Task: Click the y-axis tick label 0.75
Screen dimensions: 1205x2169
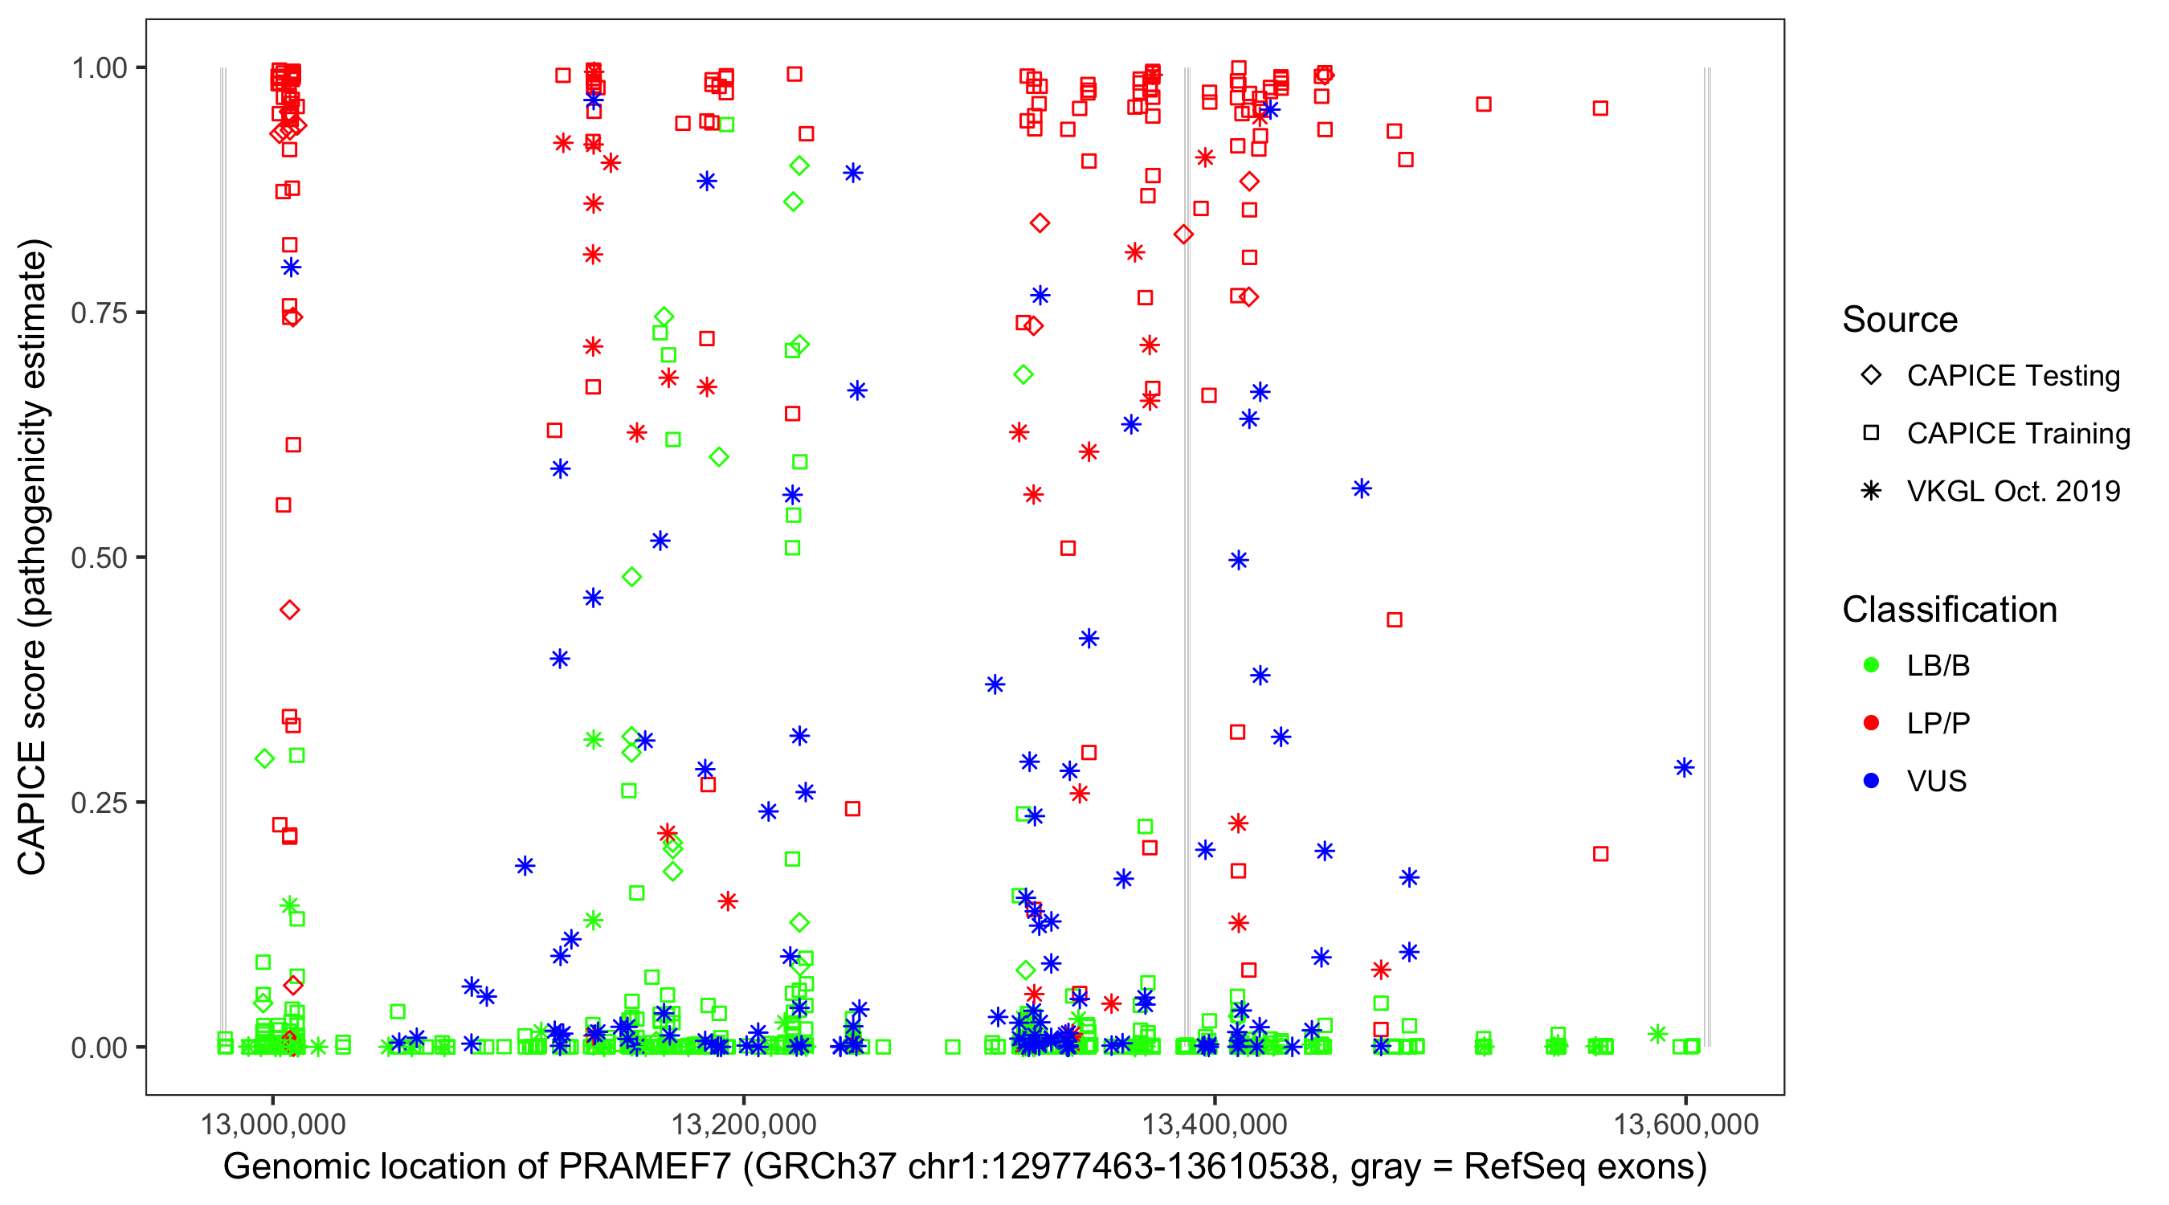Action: [99, 313]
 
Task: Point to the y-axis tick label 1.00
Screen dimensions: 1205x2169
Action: [99, 68]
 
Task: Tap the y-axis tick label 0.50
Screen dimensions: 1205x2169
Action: [99, 558]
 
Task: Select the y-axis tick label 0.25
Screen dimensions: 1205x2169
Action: [99, 803]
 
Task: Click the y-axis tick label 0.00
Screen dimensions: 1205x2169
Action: [99, 1048]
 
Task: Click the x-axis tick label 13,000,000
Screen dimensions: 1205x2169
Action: [273, 1125]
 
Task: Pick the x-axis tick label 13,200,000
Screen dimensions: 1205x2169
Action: [744, 1125]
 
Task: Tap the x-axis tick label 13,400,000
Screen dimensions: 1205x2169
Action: [1214, 1125]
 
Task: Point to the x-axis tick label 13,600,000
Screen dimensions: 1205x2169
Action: [1685, 1125]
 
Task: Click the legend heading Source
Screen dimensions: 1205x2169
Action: [1900, 320]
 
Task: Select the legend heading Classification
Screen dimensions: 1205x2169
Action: [1949, 610]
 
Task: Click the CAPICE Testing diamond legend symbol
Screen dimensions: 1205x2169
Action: [1871, 376]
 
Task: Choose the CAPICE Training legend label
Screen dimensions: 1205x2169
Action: [2018, 434]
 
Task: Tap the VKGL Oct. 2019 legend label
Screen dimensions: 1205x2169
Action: [2013, 492]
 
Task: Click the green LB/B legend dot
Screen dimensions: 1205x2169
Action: [1871, 665]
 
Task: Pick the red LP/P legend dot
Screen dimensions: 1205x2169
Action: [1871, 723]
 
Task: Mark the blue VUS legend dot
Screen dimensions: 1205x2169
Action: [1871, 782]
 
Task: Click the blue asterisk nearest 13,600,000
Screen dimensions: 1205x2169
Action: [1684, 768]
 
